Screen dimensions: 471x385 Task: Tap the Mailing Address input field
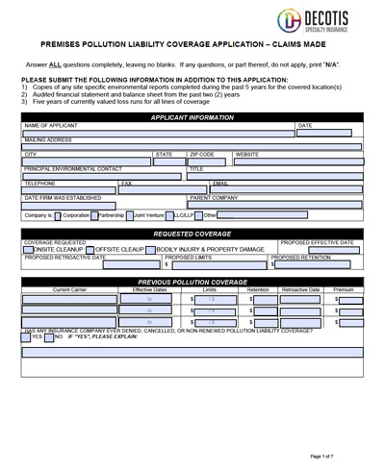[x=192, y=147]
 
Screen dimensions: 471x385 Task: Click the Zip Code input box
[x=209, y=161]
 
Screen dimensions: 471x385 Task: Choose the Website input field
[x=297, y=161]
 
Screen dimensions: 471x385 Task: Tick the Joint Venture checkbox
[x=128, y=216]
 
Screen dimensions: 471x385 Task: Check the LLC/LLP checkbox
[x=169, y=216]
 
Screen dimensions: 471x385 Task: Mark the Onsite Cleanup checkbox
[x=27, y=249]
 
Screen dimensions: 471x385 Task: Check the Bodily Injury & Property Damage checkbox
[x=150, y=249]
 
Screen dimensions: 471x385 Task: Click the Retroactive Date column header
[x=300, y=288]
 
